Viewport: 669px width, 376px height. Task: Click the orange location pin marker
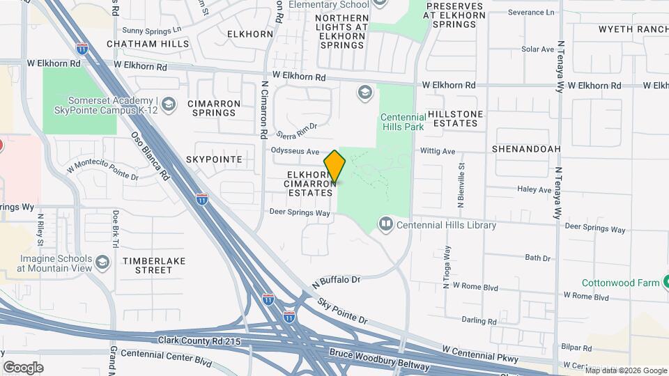click(335, 166)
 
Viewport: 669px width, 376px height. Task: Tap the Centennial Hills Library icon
click(385, 225)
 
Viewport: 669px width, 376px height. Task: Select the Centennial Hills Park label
click(403, 123)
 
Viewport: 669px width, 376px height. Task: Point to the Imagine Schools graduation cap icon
click(102, 263)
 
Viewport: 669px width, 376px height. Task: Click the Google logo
click(23, 367)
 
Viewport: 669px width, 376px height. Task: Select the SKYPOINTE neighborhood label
click(214, 159)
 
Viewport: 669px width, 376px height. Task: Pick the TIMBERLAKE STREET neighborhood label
click(147, 265)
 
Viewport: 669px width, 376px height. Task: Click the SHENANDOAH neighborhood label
click(526, 149)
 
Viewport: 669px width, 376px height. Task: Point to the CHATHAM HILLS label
click(148, 44)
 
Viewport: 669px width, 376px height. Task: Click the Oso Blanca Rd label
click(151, 157)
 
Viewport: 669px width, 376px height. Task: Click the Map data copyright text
click(626, 370)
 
